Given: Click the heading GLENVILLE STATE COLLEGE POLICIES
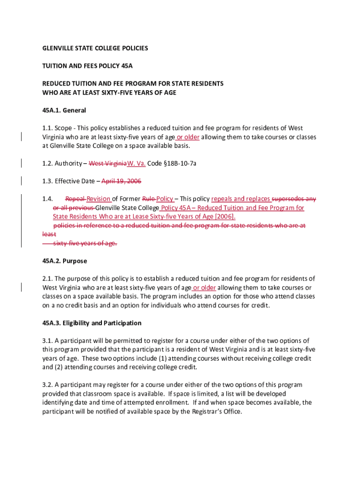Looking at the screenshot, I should coord(95,48).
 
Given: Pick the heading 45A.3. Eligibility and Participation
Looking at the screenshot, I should coord(92,323).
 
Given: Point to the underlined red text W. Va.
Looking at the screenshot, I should coord(137,163).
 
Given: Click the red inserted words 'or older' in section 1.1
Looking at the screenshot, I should coord(188,137).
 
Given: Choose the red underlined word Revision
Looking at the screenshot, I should coord(99,199).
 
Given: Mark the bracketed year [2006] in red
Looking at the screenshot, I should coord(224,217).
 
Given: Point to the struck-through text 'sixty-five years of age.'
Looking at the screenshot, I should coord(85,243).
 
